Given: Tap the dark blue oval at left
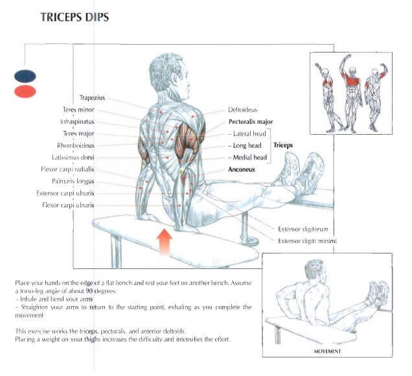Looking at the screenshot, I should tap(25, 76).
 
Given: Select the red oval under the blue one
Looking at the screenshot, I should tap(25, 91).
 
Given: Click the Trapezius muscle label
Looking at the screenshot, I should tap(92, 99).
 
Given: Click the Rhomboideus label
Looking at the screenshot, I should tap(75, 146).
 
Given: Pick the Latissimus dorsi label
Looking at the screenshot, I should tap(73, 158).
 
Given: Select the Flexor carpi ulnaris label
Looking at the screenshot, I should tap(68, 206).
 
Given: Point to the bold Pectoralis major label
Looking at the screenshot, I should tap(250, 122).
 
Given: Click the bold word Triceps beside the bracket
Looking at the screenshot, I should tap(283, 146).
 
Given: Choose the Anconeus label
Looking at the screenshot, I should tap(241, 170).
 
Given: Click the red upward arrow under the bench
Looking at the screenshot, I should tap(165, 241).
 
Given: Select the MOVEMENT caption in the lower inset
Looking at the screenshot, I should tap(328, 353).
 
